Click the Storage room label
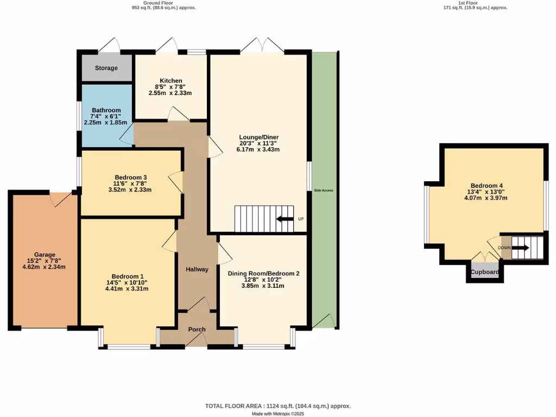tap(106, 68)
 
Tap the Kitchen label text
tap(170, 80)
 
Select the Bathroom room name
tap(106, 110)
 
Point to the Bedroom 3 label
tap(130, 177)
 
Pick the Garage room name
tap(45, 254)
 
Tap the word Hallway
tap(197, 269)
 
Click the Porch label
tap(197, 330)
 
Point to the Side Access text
tap(324, 191)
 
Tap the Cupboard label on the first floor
tap(485, 272)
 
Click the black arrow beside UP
tap(283, 219)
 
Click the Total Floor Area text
tap(277, 406)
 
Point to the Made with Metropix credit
tap(277, 414)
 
